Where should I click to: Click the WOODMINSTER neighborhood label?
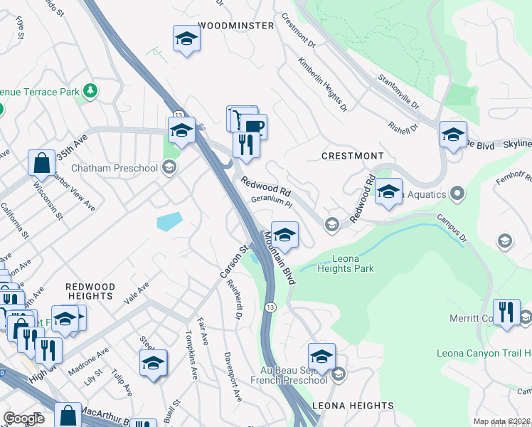coord(235,26)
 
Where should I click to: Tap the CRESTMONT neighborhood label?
coord(352,156)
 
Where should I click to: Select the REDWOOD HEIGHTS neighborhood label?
coord(90,290)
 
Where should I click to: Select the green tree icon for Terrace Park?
coord(90,90)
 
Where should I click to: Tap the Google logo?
coord(23,418)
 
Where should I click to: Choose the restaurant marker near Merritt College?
coord(506,313)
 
